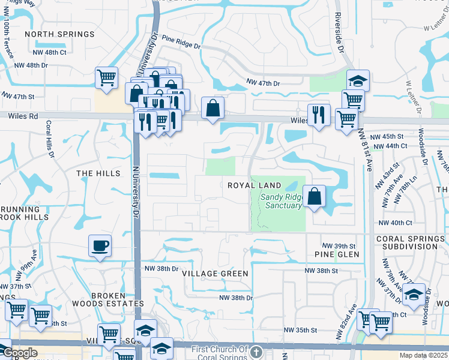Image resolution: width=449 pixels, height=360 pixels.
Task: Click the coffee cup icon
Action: click(x=100, y=245)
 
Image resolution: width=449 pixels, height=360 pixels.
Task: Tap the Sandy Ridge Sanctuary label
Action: click(x=281, y=200)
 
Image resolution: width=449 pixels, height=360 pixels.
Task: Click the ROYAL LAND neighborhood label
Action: click(x=255, y=185)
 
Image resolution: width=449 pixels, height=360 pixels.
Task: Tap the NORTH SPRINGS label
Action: click(x=59, y=34)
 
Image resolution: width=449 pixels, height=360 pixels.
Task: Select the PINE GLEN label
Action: click(x=337, y=254)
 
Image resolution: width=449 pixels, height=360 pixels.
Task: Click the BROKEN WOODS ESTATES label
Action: click(x=109, y=299)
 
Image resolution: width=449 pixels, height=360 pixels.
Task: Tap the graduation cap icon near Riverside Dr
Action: click(x=358, y=79)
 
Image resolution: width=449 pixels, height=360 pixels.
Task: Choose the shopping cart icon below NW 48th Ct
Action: click(x=106, y=77)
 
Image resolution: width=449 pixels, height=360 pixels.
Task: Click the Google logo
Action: click(x=20, y=353)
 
